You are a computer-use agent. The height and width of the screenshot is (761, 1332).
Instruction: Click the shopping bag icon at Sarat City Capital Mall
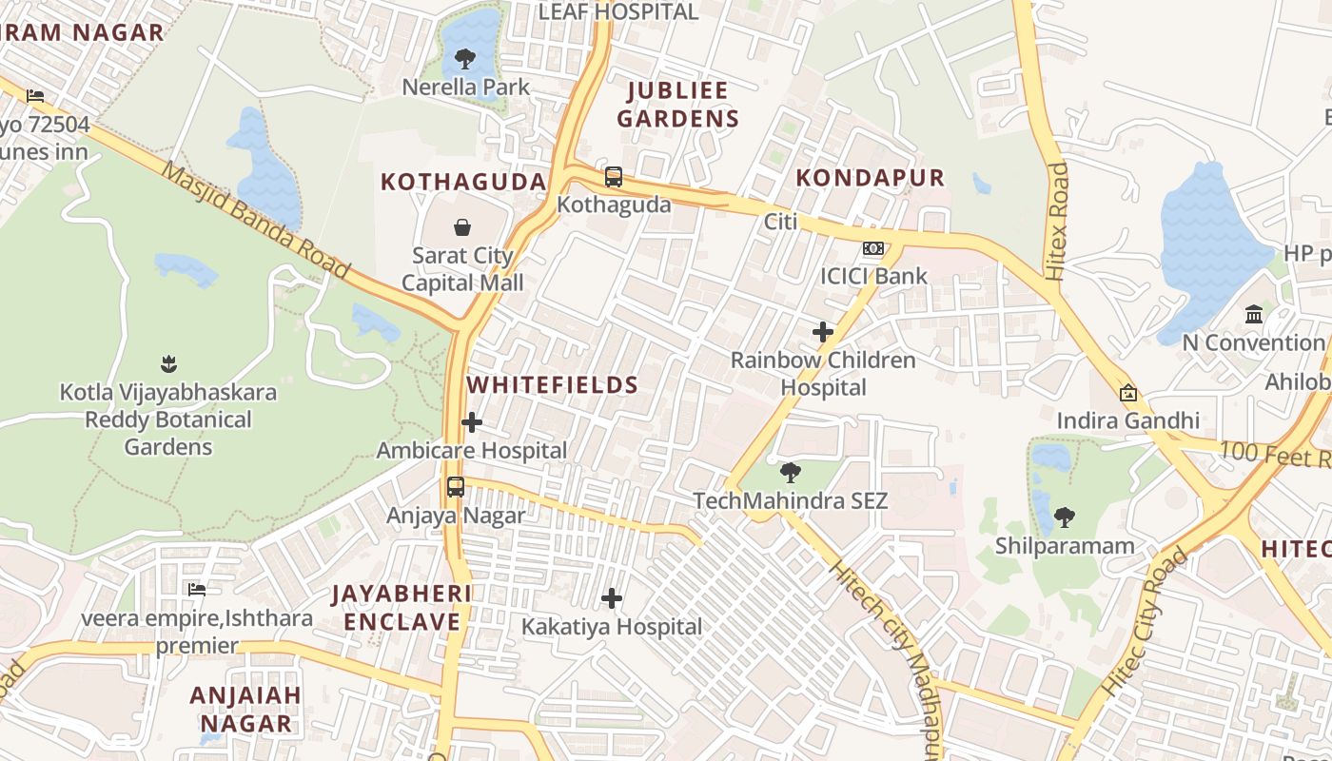click(x=461, y=227)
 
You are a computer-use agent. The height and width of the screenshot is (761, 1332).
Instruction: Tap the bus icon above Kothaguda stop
click(x=614, y=176)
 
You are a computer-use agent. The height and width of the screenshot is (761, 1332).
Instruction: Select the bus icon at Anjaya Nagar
click(x=456, y=487)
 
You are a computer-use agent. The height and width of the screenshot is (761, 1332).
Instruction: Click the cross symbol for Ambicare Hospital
click(x=472, y=422)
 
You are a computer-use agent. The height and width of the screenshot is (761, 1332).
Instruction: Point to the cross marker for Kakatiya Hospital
click(x=612, y=598)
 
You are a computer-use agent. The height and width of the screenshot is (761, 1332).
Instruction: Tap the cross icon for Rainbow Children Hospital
click(x=823, y=332)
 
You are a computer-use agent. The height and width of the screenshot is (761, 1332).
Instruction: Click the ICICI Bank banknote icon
click(x=872, y=248)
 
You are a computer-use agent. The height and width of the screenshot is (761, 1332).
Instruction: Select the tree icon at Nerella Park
click(x=465, y=59)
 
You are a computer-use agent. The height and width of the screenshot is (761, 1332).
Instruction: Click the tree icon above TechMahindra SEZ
click(x=790, y=472)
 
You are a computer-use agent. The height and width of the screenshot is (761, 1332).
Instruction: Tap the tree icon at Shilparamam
click(x=1065, y=517)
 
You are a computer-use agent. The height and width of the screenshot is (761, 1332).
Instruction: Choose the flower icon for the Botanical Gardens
click(x=168, y=363)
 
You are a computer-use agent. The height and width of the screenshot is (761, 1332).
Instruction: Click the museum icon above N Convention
click(x=1253, y=314)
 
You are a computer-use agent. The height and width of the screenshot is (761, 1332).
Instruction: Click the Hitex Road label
click(x=1057, y=221)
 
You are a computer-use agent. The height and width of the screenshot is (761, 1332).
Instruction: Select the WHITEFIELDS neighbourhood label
click(x=552, y=385)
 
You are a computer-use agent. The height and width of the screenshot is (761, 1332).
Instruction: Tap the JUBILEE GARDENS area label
click(x=677, y=105)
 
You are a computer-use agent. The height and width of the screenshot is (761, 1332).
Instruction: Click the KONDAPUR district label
click(x=870, y=178)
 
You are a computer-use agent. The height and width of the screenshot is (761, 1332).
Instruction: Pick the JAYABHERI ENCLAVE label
click(x=401, y=608)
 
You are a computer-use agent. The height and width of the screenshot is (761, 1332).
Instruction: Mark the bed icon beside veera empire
click(x=197, y=590)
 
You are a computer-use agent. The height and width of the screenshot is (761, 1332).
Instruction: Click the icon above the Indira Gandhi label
click(x=1128, y=392)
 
